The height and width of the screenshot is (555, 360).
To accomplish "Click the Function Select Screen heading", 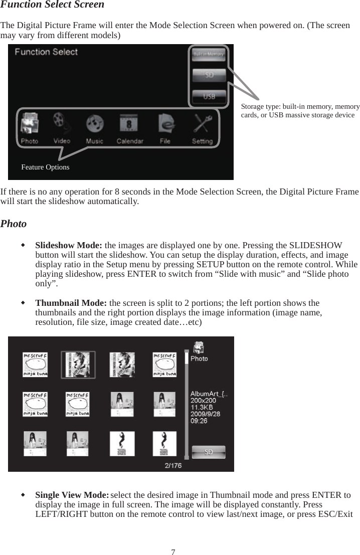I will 52,5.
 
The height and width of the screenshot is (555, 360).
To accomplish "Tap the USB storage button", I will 209,96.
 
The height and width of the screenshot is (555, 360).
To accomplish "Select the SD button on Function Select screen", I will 209,75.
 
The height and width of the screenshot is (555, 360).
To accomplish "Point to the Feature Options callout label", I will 45,167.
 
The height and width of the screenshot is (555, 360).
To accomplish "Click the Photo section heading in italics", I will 14,224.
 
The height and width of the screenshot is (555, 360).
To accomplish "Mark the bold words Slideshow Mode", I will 69,246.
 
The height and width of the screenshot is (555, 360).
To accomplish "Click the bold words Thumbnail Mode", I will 71,303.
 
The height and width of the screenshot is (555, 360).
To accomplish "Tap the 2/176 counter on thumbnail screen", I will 173,465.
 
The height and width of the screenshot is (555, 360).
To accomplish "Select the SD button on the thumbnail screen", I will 208,452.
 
